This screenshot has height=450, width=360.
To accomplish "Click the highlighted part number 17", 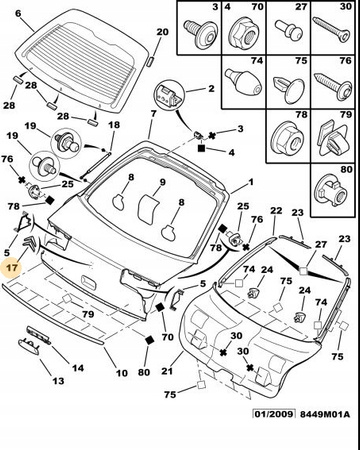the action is pyautogui.click(x=12, y=267).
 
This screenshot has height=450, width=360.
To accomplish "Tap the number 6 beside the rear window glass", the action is pyautogui.click(x=18, y=13).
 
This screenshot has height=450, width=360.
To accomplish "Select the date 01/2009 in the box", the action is pyautogui.click(x=274, y=414).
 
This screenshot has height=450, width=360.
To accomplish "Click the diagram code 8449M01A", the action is pyautogui.click(x=325, y=414).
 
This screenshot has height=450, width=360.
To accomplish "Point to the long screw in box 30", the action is pyautogui.click(x=332, y=31).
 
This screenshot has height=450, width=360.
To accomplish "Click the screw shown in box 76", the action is pyautogui.click(x=334, y=86).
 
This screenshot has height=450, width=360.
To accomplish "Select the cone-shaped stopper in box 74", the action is pyautogui.click(x=244, y=82).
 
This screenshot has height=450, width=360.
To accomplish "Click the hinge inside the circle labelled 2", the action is pyautogui.click(x=169, y=96).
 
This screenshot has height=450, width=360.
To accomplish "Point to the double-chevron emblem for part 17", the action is pyautogui.click(x=30, y=242).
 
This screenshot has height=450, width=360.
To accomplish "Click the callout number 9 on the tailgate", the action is pyautogui.click(x=162, y=182).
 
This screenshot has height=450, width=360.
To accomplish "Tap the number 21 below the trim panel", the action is pyautogui.click(x=167, y=370).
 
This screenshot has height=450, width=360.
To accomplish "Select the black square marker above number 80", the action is pyautogui.click(x=150, y=340).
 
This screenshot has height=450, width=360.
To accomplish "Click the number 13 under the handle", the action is pyautogui.click(x=58, y=380).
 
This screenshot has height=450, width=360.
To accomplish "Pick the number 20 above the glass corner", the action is pyautogui.click(x=162, y=32).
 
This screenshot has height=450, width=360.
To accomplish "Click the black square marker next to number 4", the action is pyautogui.click(x=201, y=148).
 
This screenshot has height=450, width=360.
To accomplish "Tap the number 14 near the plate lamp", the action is pyautogui.click(x=78, y=368).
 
